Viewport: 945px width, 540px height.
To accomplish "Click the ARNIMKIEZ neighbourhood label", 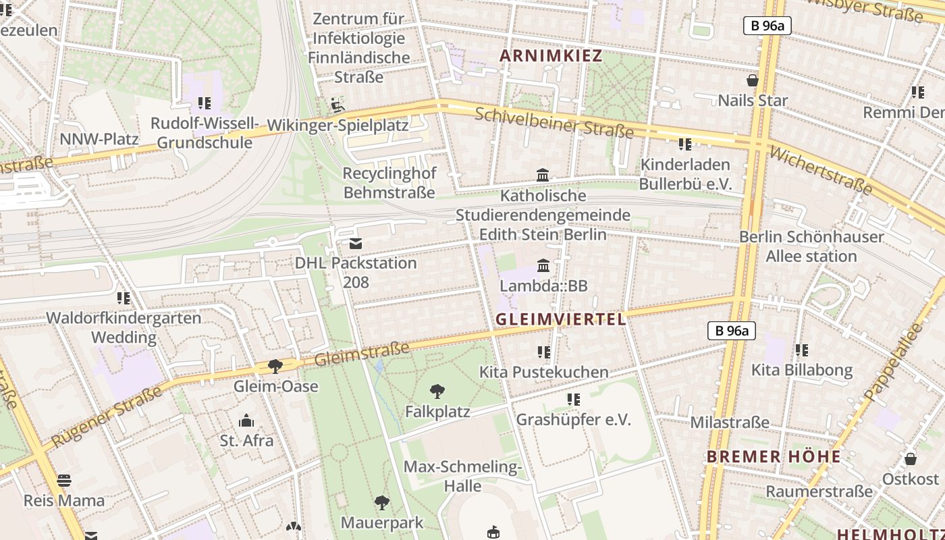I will [x=550, y=56].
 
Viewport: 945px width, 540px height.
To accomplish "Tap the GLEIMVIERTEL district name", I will [x=560, y=319].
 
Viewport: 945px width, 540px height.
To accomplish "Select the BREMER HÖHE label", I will [x=774, y=457].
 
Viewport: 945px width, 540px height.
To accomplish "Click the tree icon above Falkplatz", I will [x=437, y=391].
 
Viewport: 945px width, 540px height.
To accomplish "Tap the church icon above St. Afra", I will [x=246, y=421].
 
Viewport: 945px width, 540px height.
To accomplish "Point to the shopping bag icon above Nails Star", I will [x=753, y=80].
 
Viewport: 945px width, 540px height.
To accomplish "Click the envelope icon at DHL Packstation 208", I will [x=355, y=243].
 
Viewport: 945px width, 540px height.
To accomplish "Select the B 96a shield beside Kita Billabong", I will [x=731, y=331].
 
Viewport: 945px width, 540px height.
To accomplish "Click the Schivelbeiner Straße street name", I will [x=553, y=122].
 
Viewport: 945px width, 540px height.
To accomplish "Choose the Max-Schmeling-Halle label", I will [x=462, y=476].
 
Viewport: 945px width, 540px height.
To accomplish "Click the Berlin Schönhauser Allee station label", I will [x=811, y=246].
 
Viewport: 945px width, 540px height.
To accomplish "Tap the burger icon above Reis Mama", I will [x=64, y=481].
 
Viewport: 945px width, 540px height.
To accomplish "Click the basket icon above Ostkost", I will [x=910, y=459].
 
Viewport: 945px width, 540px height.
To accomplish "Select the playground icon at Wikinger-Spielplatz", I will [x=337, y=105].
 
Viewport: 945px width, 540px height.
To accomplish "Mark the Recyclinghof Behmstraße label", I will [x=389, y=182].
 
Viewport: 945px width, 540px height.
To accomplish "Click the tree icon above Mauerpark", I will [x=381, y=502].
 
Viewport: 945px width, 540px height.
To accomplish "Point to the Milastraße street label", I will [x=729, y=423].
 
